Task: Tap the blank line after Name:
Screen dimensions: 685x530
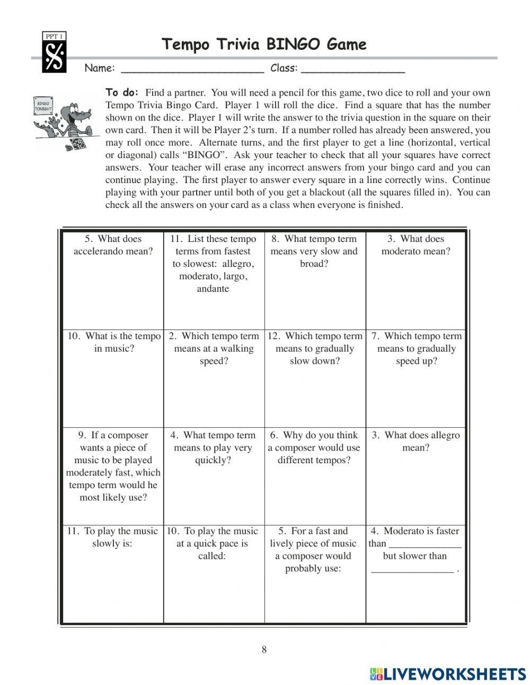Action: (x=192, y=69)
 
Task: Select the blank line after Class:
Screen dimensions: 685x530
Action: (x=352, y=69)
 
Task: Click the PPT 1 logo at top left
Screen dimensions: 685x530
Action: (x=54, y=53)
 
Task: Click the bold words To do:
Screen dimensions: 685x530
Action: (x=122, y=92)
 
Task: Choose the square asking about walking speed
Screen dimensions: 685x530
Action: (x=214, y=378)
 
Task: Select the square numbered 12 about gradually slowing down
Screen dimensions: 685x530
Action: (x=314, y=378)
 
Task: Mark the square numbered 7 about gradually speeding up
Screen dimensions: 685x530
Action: (x=416, y=378)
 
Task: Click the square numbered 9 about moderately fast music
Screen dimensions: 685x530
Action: (x=113, y=475)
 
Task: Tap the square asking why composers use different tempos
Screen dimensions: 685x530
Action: (x=314, y=475)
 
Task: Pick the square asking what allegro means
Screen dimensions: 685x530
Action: (x=416, y=475)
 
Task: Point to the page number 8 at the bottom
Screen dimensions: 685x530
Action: (x=264, y=649)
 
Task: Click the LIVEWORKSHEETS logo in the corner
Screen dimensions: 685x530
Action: (x=448, y=674)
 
